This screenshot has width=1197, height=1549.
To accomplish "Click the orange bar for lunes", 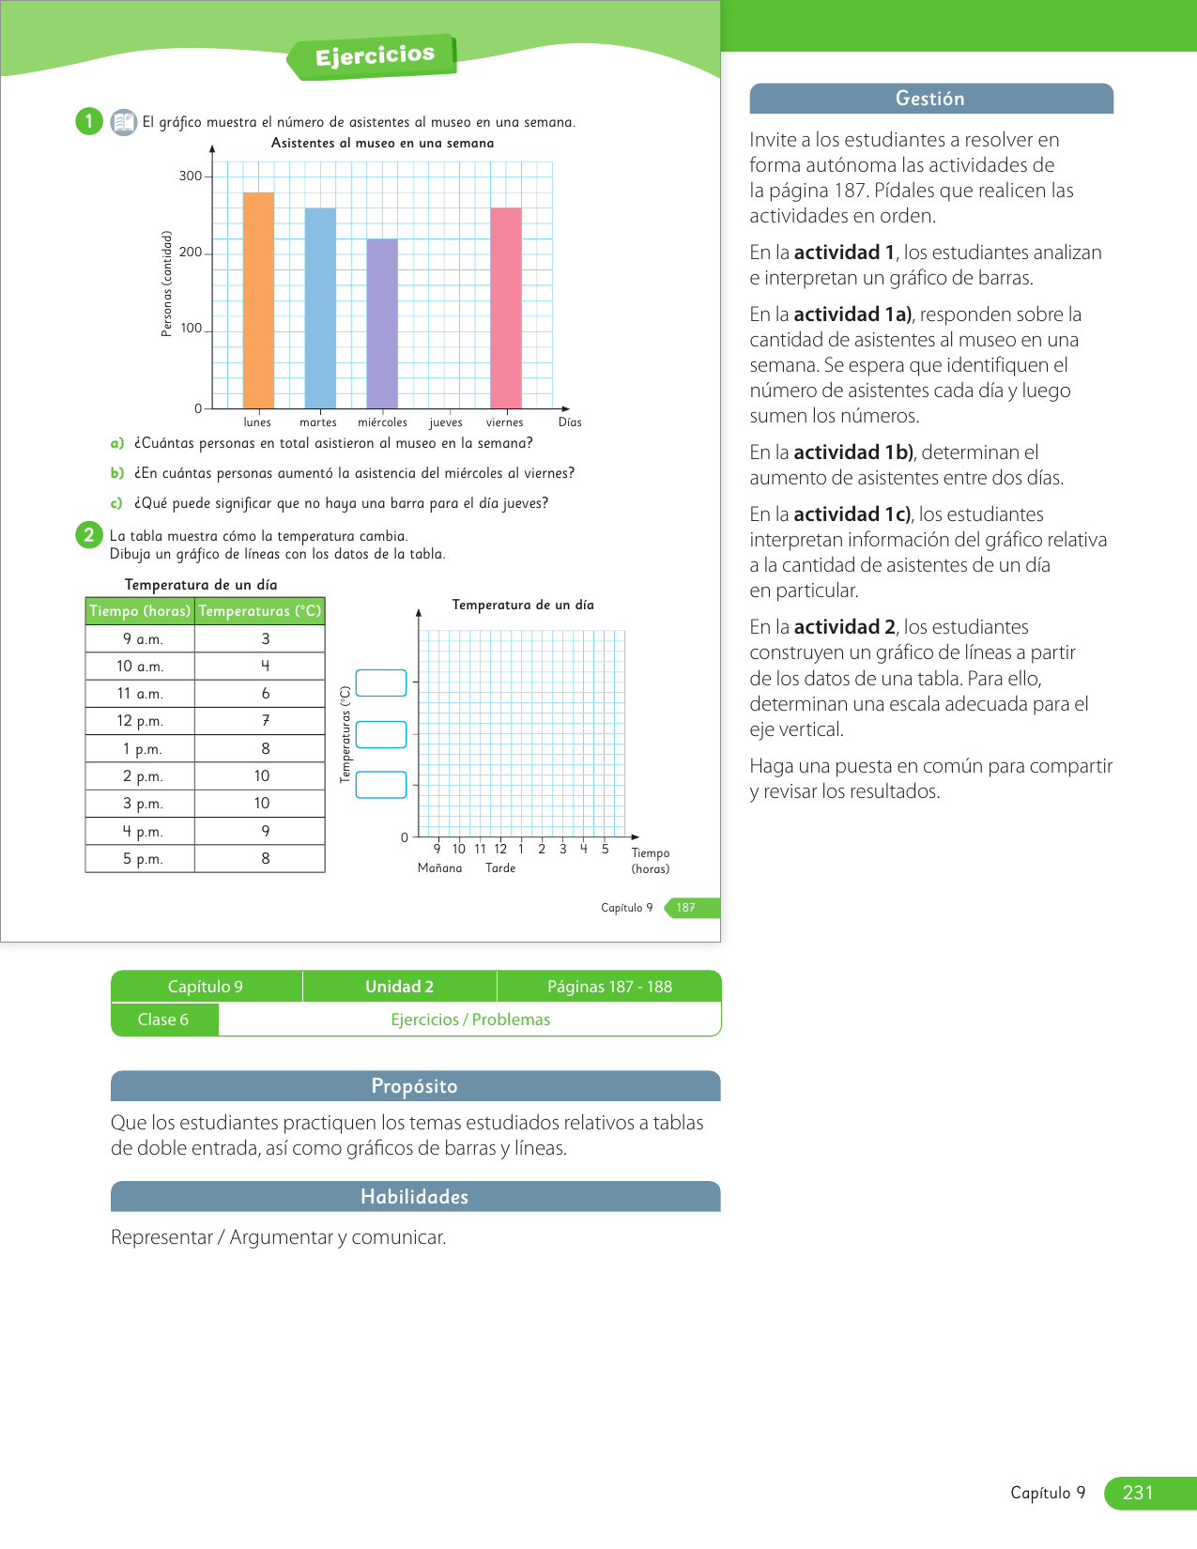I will [258, 300].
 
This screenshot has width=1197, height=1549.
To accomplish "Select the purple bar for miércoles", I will [382, 324].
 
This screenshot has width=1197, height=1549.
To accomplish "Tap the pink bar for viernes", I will [506, 308].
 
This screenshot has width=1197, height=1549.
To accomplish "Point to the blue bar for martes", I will [320, 308].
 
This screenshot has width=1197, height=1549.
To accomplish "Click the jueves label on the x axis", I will [446, 422].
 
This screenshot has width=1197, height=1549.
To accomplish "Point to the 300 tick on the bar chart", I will [191, 176].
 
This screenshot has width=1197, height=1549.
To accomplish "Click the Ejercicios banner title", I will [375, 55].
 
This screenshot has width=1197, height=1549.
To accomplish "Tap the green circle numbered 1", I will [89, 121].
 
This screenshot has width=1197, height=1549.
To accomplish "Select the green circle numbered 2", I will [89, 535].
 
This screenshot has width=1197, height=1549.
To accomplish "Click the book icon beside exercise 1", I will [123, 122].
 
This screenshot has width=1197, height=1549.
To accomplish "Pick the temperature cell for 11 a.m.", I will [265, 693].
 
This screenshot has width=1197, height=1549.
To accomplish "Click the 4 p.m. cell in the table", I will [141, 831].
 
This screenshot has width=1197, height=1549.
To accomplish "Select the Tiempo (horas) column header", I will [140, 611].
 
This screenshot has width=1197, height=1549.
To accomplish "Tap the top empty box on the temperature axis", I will [381, 682].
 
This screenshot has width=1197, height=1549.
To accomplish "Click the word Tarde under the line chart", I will [500, 868].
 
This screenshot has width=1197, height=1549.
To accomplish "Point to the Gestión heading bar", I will [930, 99].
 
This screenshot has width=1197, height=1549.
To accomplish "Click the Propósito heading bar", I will [415, 1086].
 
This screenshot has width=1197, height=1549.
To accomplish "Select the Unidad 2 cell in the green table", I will [399, 987].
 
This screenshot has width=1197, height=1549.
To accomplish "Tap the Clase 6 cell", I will [163, 1020].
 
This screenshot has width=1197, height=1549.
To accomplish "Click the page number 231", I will [1138, 1493].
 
